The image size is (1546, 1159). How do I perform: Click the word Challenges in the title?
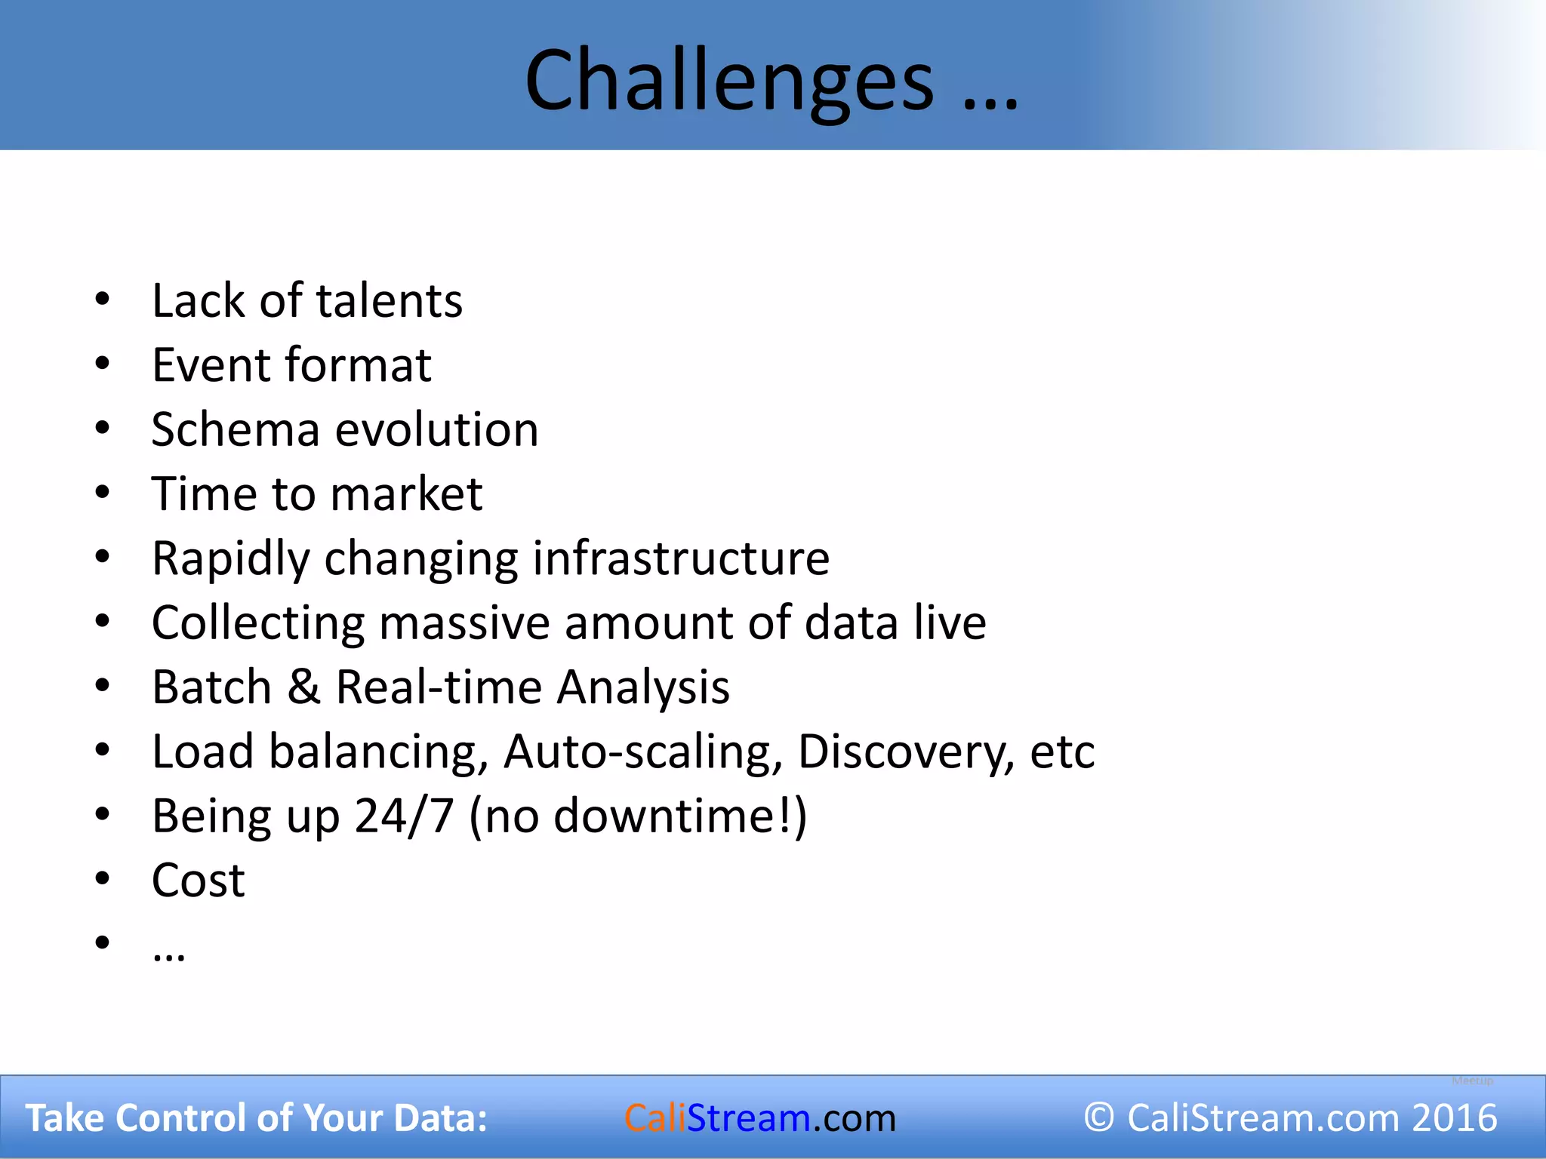[729, 80]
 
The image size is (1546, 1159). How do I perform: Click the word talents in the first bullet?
[390, 301]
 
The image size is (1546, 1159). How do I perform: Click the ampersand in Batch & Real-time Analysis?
[303, 687]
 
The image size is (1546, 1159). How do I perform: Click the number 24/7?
[404, 816]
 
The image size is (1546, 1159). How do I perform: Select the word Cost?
[199, 881]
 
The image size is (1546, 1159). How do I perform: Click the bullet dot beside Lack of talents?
[103, 299]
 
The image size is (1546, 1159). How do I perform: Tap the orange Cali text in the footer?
[655, 1117]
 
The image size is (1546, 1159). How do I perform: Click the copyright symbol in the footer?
[1098, 1117]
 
